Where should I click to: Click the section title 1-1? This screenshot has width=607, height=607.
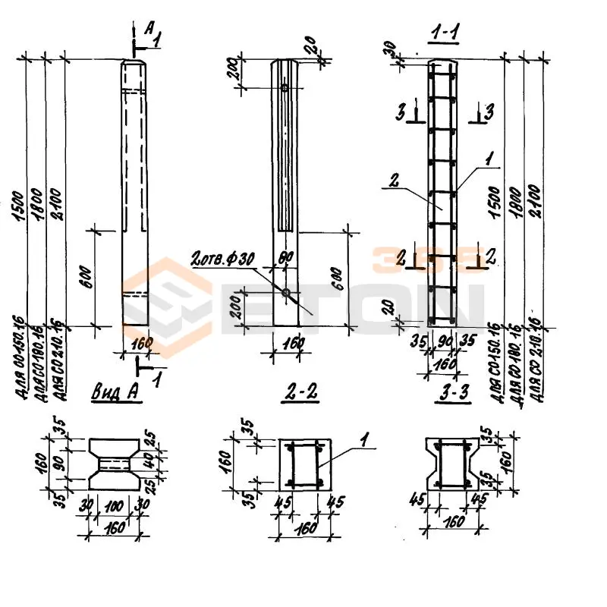[445, 32]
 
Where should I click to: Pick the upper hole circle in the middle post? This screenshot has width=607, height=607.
[285, 89]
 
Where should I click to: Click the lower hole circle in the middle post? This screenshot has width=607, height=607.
[285, 293]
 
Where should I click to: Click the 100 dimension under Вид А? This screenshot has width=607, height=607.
[114, 505]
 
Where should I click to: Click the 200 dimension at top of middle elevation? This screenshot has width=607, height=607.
[233, 72]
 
